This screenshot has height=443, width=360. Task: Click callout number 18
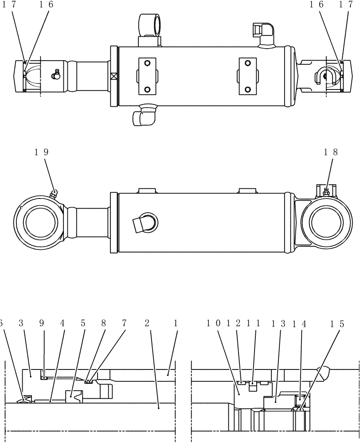click(x=331, y=152)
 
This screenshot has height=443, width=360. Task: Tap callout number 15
click(x=336, y=324)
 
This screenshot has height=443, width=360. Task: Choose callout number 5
click(x=83, y=324)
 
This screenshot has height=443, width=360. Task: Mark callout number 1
click(x=176, y=324)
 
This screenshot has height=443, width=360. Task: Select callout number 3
click(x=21, y=324)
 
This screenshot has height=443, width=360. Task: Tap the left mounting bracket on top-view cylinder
click(x=147, y=76)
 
